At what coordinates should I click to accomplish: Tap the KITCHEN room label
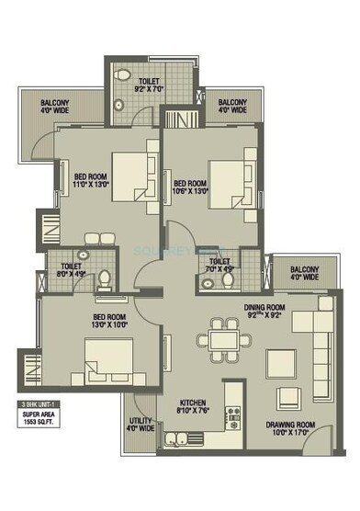pyautogui.click(x=193, y=402)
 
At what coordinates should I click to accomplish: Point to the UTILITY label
pyautogui.click(x=141, y=420)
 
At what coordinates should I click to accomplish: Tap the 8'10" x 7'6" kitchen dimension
pyautogui.click(x=193, y=411)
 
